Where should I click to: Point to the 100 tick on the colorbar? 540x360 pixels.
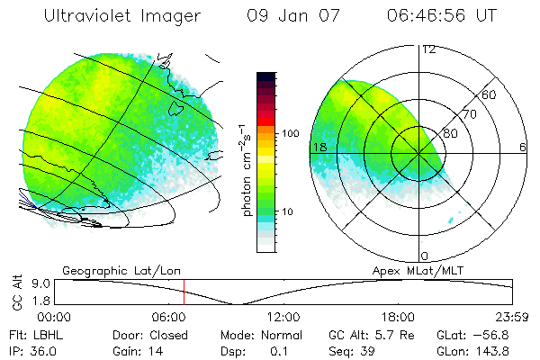(x=290, y=133)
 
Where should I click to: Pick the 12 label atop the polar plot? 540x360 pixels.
(x=428, y=49)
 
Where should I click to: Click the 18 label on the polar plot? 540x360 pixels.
(x=319, y=147)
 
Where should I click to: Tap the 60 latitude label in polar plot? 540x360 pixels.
(x=490, y=94)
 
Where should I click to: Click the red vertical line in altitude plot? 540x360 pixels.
(x=184, y=292)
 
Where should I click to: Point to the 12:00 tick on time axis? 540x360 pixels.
(x=284, y=317)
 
